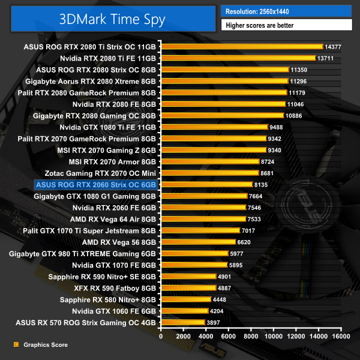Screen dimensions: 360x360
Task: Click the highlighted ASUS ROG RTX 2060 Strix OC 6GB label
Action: pyautogui.click(x=96, y=184)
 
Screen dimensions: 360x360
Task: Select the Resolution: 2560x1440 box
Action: pyautogui.click(x=286, y=11)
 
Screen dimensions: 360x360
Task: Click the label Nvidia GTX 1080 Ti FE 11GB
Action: pyautogui.click(x=108, y=127)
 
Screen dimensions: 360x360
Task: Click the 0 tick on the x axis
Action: pyautogui.click(x=161, y=337)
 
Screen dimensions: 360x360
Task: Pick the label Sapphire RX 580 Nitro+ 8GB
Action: pyautogui.click(x=108, y=299)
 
